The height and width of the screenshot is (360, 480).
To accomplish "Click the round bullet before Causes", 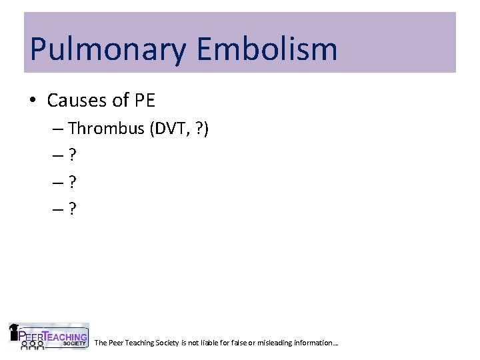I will coord(33,101).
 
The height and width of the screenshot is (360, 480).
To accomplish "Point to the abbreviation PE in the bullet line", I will coord(143,101).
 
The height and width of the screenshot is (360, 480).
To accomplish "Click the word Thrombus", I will coord(106,128).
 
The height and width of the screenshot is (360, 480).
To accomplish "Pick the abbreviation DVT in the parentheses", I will coord(170,128).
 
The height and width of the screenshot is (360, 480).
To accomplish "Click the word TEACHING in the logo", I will coord(67,336).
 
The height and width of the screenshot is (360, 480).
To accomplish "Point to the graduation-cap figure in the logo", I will coord(15,331).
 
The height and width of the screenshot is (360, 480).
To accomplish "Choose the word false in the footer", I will coord(240,343).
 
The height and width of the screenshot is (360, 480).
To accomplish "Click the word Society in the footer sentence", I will coord(165,343).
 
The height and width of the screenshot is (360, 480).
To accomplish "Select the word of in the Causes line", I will coord(120,101).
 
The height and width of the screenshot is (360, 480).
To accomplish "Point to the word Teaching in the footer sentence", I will coord(137,343).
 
